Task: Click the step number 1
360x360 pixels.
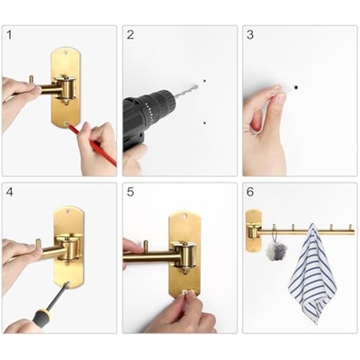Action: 9,35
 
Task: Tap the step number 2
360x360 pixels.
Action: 130,35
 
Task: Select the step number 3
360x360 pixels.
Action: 250,35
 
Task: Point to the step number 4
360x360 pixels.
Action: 10,192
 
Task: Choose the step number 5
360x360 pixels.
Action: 130,192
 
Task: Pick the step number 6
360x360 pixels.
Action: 250,192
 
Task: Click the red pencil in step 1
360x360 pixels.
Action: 93,145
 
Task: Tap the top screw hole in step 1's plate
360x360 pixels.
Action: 66,53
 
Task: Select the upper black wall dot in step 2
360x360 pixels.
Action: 204,81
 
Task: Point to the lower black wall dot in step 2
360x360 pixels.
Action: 204,123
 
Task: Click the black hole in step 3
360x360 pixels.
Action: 296,87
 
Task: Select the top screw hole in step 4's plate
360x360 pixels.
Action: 69,212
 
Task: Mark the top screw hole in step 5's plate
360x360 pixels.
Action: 184,216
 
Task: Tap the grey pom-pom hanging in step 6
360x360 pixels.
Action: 276,250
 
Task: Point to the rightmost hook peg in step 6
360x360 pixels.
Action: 350,228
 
